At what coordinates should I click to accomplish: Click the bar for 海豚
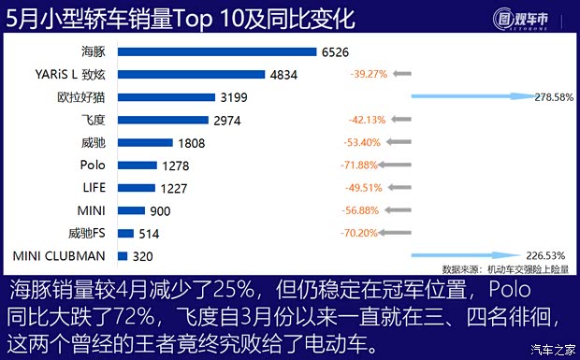(216, 51)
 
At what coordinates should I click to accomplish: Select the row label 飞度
(93, 120)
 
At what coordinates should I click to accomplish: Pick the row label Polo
(93, 165)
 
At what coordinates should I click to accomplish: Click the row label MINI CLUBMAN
(58, 255)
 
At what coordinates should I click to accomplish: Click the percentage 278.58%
(553, 96)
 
